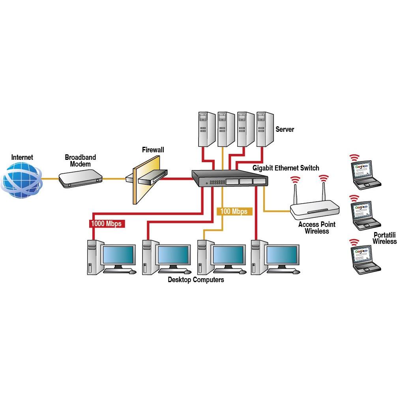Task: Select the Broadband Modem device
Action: tap(80, 178)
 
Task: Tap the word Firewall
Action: tap(153, 150)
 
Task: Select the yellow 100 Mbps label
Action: tap(234, 212)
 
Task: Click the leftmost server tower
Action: tap(206, 129)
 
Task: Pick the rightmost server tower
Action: tap(265, 129)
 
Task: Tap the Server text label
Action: tap(285, 129)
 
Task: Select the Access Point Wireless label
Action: tap(316, 228)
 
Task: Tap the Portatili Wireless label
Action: tap(384, 238)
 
